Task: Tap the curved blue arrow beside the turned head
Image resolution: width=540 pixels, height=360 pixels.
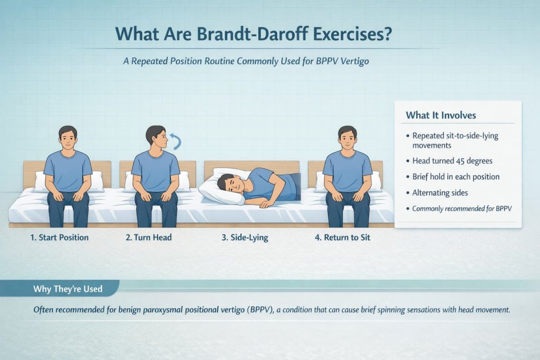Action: coord(177,140)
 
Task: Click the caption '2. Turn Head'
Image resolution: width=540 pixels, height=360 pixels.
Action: coord(149,238)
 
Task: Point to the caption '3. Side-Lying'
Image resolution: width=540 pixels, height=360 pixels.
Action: coord(245,238)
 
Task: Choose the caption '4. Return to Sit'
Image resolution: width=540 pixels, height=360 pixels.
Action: coord(342,238)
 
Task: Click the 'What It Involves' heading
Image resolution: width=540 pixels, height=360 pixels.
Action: coord(441,115)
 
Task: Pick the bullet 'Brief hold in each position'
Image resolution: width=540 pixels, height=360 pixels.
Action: coord(456,177)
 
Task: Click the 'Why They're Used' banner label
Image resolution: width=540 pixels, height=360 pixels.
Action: coord(67,289)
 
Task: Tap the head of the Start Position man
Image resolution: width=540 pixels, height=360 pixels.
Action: coord(68,138)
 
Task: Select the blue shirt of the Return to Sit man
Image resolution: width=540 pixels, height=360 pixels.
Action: coord(347,170)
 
